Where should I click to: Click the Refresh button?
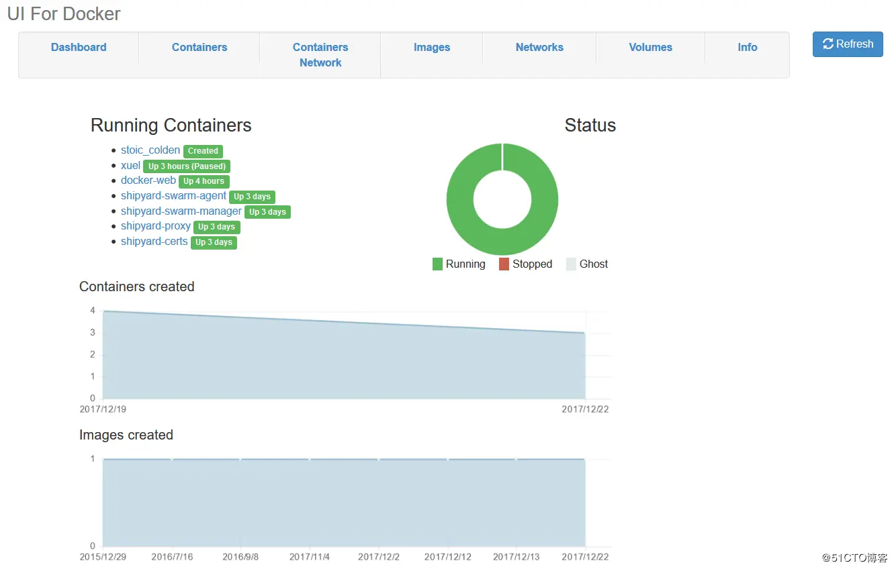848,44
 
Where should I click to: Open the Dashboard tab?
79,47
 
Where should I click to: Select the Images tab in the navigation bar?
432,47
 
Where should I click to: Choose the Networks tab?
539,47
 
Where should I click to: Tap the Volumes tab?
650,47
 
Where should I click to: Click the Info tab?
747,47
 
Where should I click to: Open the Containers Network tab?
320,54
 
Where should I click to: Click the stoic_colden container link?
150,150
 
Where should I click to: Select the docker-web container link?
148,180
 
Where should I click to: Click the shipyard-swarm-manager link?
181,211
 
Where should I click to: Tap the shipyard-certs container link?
154,242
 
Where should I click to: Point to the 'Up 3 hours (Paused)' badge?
187,166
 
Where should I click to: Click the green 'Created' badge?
203,151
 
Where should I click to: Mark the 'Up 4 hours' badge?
204,181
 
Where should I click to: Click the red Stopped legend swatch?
504,264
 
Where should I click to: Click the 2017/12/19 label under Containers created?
103,409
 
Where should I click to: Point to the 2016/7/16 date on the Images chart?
172,557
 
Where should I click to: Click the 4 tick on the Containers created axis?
93,311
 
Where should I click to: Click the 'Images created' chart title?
126,435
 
